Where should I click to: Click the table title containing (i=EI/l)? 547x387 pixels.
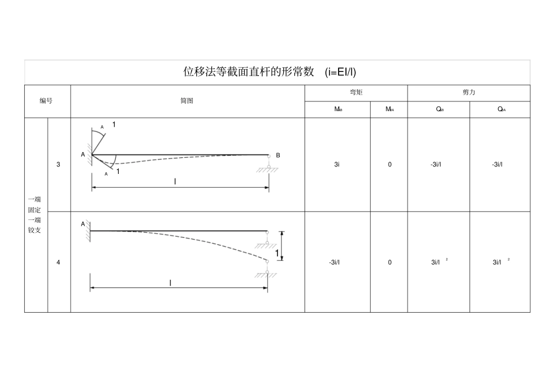[x=269, y=72]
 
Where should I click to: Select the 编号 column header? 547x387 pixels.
[x=46, y=101]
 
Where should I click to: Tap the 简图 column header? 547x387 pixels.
[x=187, y=101]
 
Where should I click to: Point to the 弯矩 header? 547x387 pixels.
[x=356, y=92]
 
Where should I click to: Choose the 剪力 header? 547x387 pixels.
[x=469, y=92]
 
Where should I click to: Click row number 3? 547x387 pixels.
[x=59, y=165]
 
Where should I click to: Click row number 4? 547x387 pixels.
[x=59, y=262]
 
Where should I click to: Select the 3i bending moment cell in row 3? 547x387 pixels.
[x=337, y=165]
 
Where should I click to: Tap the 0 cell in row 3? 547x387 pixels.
[x=389, y=165]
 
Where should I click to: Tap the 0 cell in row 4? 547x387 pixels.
[x=389, y=263]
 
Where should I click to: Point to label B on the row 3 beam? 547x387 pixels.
[x=278, y=155]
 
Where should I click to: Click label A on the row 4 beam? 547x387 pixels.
[x=83, y=223]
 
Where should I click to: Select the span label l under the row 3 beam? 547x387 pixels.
[x=175, y=181]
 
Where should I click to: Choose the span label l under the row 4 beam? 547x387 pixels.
[x=170, y=283]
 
